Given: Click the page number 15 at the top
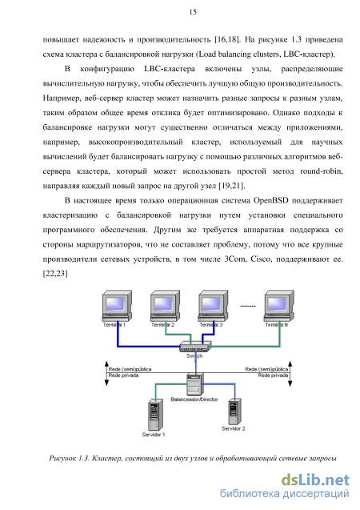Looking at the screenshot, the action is pyautogui.click(x=193, y=12).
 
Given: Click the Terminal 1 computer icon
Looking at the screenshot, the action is pyautogui.click(x=117, y=306).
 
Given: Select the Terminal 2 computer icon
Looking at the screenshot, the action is pyautogui.click(x=165, y=306).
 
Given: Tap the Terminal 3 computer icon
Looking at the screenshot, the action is pyautogui.click(x=214, y=306).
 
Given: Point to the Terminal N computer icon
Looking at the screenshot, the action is pyautogui.click(x=279, y=306).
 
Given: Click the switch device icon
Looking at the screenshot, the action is pyautogui.click(x=195, y=347).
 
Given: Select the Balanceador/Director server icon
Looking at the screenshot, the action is pyautogui.click(x=195, y=384).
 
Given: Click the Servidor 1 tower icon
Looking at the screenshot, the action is pyautogui.click(x=155, y=415).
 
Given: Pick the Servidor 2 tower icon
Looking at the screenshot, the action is pyautogui.click(x=234, y=411).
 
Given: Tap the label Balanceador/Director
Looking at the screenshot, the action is pyautogui.click(x=194, y=399).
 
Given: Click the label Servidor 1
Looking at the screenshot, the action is pyautogui.click(x=154, y=435).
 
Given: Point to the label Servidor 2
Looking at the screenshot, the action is pyautogui.click(x=234, y=428).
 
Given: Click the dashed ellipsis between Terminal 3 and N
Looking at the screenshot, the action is pyautogui.click(x=247, y=306).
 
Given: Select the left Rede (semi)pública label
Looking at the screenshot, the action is pyautogui.click(x=130, y=369).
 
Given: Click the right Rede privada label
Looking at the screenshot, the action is pyautogui.click(x=273, y=375).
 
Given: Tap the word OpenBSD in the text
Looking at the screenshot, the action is pyautogui.click(x=270, y=200).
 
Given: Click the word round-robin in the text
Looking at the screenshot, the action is pyautogui.click(x=321, y=171).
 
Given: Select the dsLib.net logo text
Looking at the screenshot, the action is pyautogui.click(x=315, y=480).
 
